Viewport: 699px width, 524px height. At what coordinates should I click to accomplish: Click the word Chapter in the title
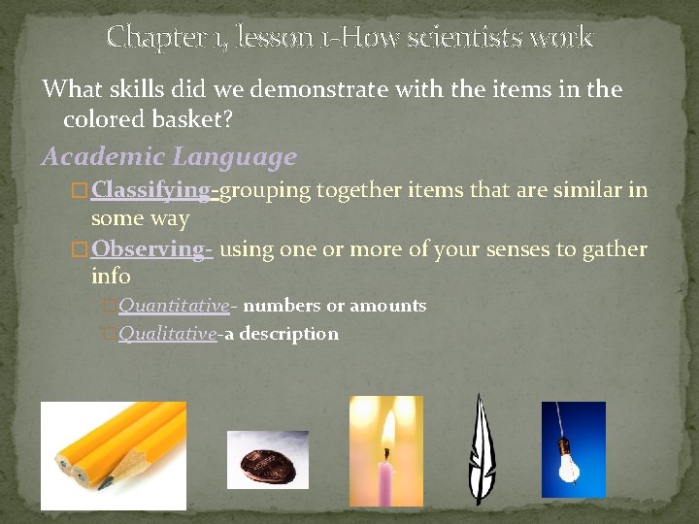(x=147, y=38)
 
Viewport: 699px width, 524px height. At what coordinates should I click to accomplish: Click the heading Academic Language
(x=169, y=156)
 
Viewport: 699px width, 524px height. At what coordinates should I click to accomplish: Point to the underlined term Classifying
(x=150, y=190)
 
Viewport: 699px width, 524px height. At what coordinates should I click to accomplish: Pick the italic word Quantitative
(x=174, y=306)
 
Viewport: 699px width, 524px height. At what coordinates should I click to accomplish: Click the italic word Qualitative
(x=167, y=334)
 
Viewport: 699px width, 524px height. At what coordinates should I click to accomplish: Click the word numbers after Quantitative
(x=282, y=306)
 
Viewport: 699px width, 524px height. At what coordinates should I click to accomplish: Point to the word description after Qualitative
(x=288, y=334)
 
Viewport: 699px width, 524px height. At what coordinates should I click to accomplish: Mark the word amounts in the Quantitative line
(x=387, y=306)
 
